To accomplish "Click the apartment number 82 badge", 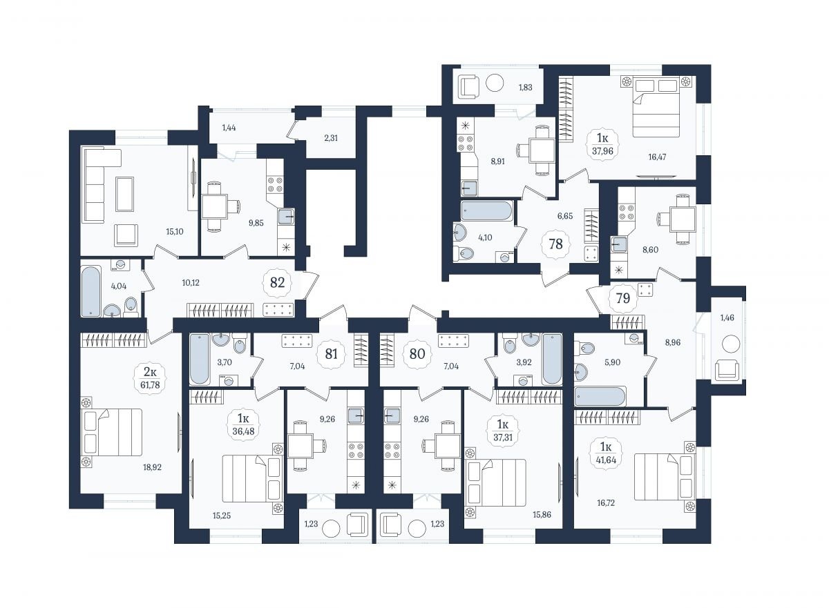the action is [277, 283].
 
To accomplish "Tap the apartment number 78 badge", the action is [555, 244].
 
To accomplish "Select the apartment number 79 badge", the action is [623, 298].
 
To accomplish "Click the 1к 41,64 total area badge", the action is [605, 453].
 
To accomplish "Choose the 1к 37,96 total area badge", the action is [602, 144].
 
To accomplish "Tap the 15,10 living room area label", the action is [174, 232].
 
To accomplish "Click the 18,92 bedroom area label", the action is [152, 467].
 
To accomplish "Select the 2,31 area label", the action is [331, 138].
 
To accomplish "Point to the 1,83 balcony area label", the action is [525, 87].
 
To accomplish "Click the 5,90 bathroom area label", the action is [612, 362].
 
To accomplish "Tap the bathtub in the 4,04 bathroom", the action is [91, 291].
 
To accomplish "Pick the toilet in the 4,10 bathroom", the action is [463, 253].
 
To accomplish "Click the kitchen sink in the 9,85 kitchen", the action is [286, 217].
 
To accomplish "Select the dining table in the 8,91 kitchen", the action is [542, 150].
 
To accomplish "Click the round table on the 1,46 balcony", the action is [731, 344].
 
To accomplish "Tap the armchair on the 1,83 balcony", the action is [469, 87].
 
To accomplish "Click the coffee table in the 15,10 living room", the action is [125, 194].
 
